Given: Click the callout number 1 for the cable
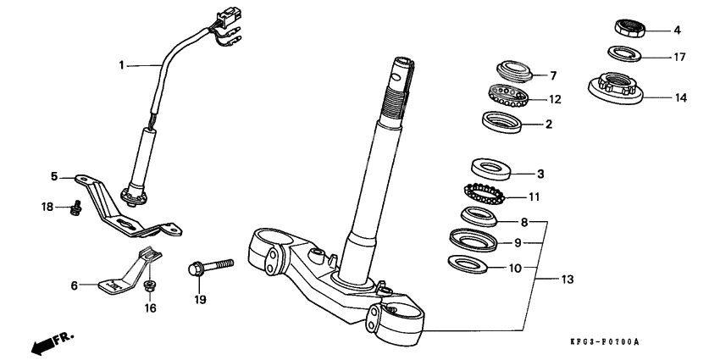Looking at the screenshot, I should pyautogui.click(x=121, y=64).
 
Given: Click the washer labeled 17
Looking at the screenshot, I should pyautogui.click(x=625, y=55).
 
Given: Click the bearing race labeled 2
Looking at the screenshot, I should pyautogui.click(x=501, y=122).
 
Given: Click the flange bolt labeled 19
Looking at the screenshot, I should pyautogui.click(x=210, y=265).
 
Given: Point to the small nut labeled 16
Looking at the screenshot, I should pyautogui.click(x=151, y=285).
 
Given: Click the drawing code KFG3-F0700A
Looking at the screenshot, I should pyautogui.click(x=604, y=341).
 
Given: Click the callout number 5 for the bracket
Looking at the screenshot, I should pyautogui.click(x=54, y=177).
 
